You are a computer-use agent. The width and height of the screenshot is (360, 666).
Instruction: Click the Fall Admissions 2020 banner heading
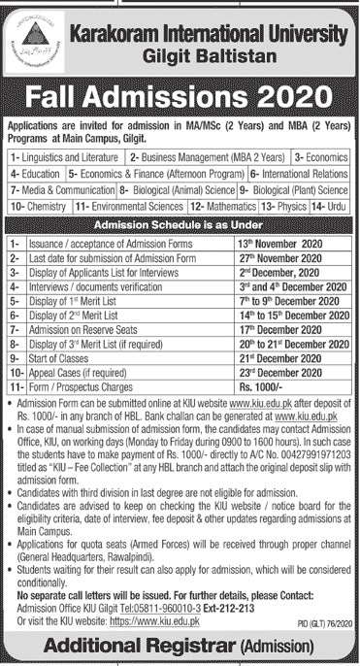tap(180, 98)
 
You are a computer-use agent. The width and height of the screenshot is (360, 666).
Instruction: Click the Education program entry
tap(36, 171)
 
